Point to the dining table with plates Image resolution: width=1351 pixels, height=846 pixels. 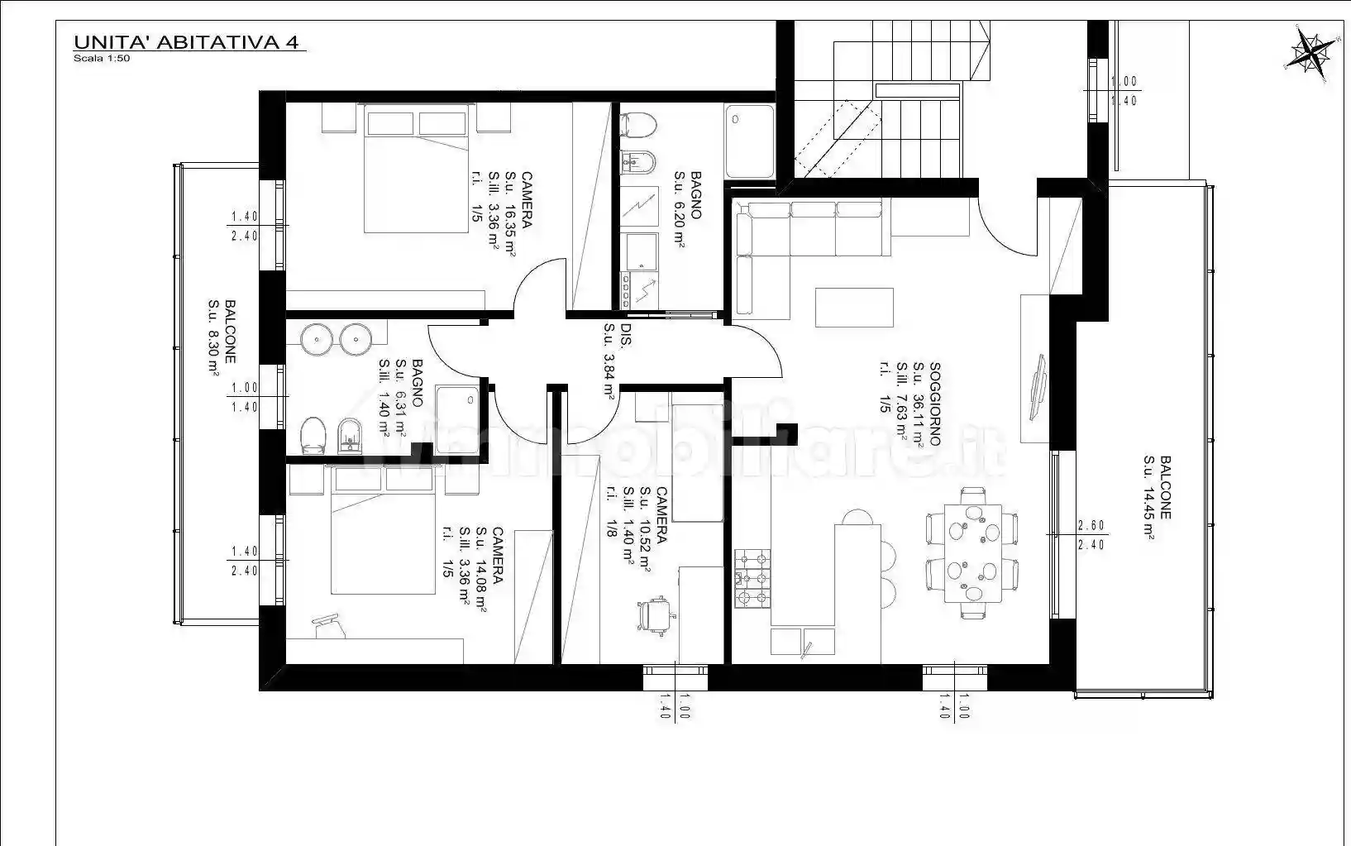[x=973, y=552]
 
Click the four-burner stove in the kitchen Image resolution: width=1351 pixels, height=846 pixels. [x=752, y=578]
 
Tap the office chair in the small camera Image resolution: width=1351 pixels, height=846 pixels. [x=656, y=615]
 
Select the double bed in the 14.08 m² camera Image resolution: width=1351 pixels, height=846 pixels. [x=383, y=529]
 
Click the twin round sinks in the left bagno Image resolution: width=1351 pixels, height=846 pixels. [x=334, y=338]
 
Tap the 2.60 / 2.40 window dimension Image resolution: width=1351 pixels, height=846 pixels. [x=1091, y=535]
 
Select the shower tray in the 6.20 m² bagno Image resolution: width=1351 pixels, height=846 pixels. [x=750, y=141]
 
